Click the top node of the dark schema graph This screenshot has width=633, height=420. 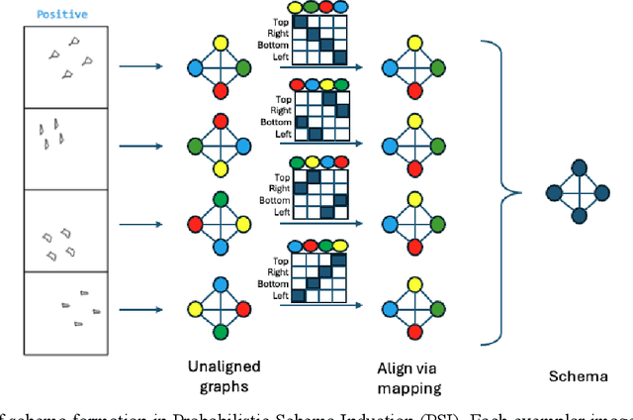click(579, 166)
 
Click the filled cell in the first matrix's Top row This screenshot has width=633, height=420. click(296, 20)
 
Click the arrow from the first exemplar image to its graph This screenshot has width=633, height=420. click(138, 67)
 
